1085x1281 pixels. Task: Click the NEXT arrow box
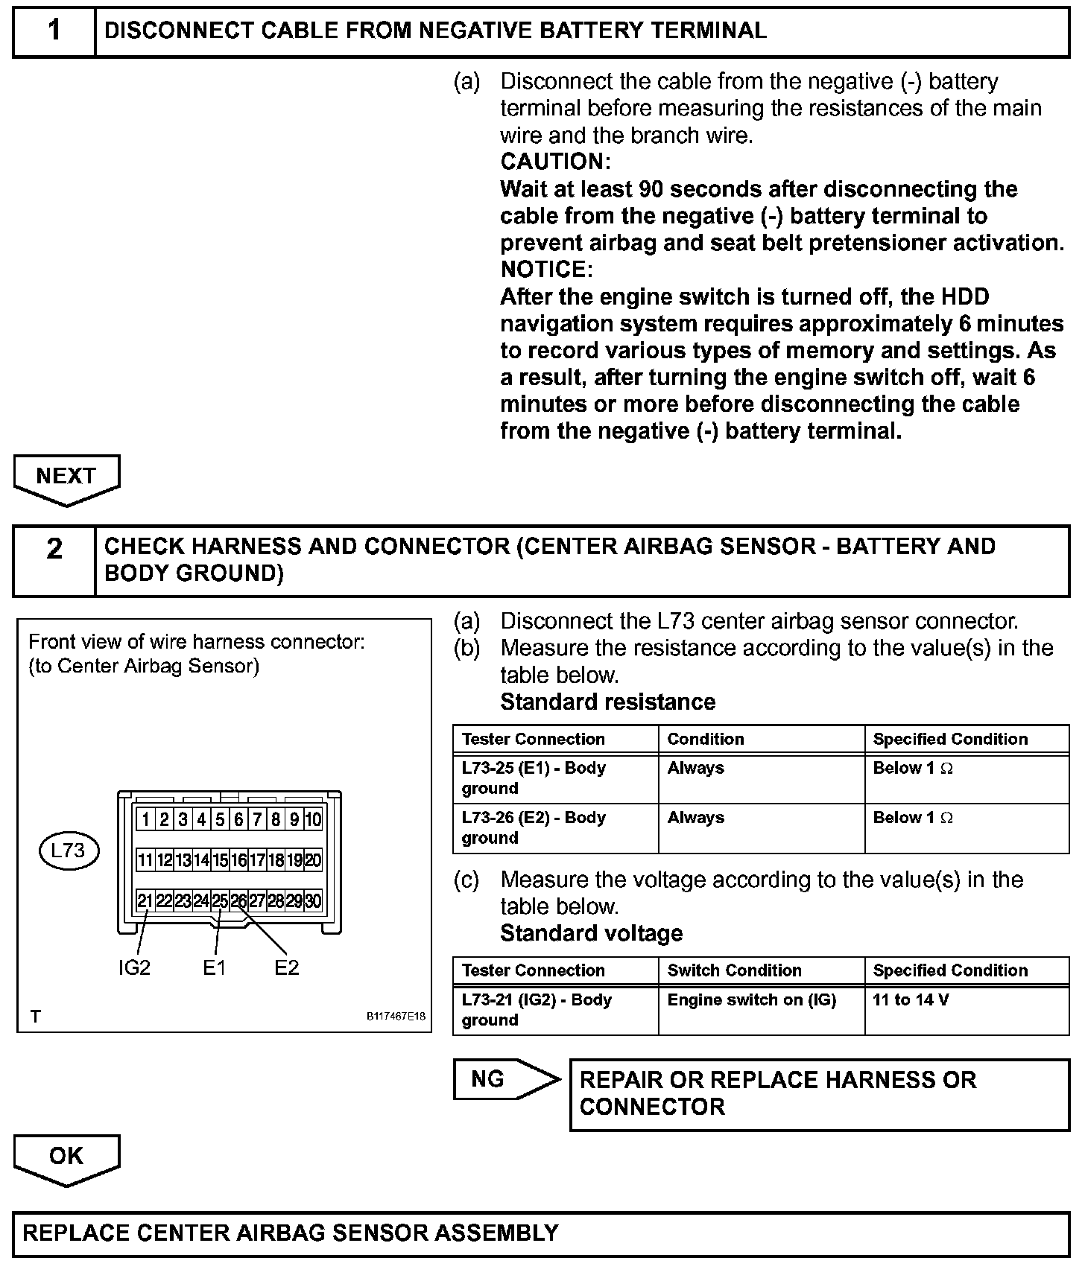(66, 477)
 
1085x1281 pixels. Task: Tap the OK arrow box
(66, 1156)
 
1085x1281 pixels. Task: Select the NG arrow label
(506, 1079)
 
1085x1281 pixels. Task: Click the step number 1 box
(54, 31)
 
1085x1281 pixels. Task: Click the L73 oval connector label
(69, 851)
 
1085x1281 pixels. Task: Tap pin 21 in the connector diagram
(145, 901)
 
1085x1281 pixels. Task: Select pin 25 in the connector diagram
(220, 901)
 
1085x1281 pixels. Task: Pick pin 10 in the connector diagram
(313, 820)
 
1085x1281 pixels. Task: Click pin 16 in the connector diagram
(238, 861)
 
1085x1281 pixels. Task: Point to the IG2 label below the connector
(134, 967)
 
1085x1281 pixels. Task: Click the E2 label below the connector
(286, 967)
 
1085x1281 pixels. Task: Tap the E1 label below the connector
(214, 967)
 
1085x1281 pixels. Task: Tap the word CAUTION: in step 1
(555, 162)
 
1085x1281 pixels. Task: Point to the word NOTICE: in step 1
(546, 269)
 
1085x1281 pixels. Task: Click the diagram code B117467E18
(396, 1016)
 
